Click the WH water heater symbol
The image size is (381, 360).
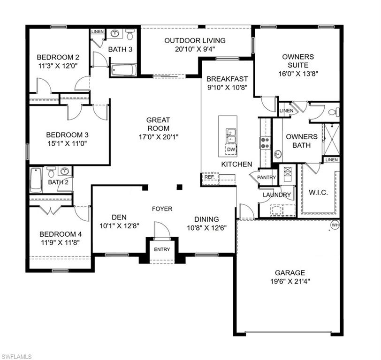335,225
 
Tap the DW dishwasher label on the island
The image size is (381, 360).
231,150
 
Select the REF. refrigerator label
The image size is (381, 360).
209,177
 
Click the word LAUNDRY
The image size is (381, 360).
277,195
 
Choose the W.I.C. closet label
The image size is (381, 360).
319,193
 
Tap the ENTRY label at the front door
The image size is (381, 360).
162,249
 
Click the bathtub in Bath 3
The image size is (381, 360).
124,70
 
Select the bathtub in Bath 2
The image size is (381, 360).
36,180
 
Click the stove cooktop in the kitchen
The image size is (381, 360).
265,142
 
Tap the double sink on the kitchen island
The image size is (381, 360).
231,136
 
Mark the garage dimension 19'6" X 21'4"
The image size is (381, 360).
290,281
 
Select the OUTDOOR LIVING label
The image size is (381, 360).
195,41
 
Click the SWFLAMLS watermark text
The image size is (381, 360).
16,356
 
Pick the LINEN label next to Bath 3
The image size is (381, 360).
97,31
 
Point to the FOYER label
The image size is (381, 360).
162,209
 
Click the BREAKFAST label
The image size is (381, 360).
227,79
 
